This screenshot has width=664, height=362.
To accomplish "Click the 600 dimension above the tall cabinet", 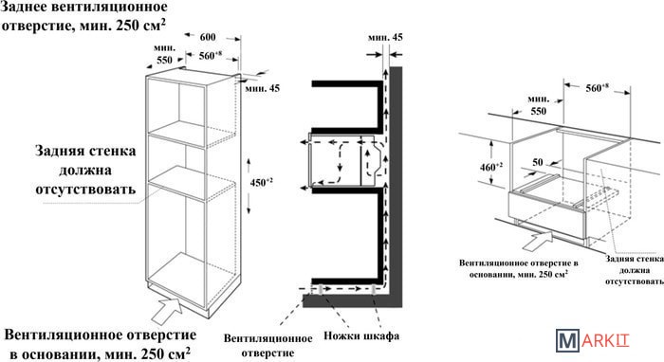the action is (x=208, y=37).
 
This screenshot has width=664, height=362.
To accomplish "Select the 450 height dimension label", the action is (x=261, y=183).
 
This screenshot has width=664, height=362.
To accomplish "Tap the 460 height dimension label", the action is (x=491, y=167).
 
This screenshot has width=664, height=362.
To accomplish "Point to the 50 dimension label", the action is (x=538, y=162).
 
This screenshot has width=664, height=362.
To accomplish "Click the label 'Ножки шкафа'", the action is (x=361, y=335).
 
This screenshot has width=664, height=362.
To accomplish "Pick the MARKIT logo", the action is (x=593, y=340).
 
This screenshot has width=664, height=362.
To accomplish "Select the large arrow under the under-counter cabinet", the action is (x=537, y=241).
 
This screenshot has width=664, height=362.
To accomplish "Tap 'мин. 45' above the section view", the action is (x=385, y=38).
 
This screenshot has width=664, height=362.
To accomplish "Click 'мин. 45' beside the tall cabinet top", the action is (x=263, y=89).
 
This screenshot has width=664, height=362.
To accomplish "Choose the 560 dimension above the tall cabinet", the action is (x=211, y=55).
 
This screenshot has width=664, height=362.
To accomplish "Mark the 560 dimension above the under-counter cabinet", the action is (x=597, y=88).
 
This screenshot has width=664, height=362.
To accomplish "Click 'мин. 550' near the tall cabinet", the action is (x=164, y=54).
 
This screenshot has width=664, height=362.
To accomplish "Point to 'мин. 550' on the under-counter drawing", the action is (x=538, y=105).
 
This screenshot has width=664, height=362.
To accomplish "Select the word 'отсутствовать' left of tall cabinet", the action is (x=85, y=189).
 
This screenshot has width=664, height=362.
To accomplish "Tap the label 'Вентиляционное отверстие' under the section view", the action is (x=268, y=345).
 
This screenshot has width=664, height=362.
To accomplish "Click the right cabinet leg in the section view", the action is (x=374, y=289).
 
